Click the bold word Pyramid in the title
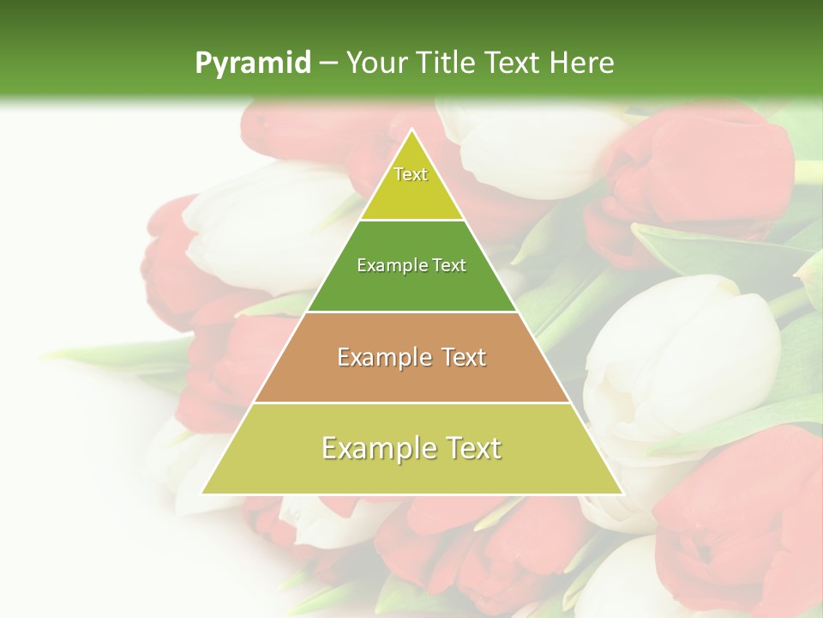pyautogui.click(x=252, y=64)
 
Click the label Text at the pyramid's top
pyautogui.click(x=411, y=174)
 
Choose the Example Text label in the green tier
pyautogui.click(x=411, y=265)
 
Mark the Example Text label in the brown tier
pyautogui.click(x=411, y=357)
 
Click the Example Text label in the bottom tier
pyautogui.click(x=411, y=448)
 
